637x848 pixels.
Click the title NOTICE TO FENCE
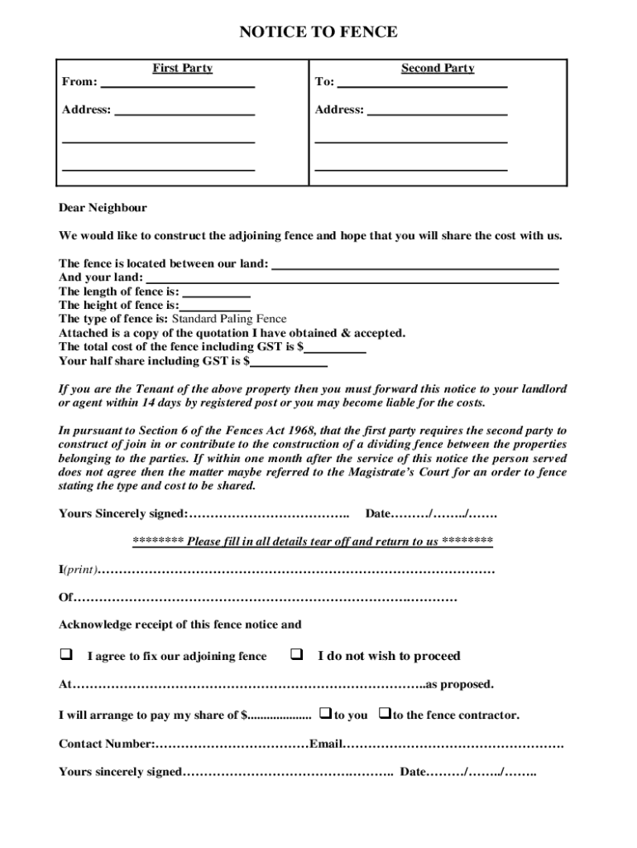click(318, 32)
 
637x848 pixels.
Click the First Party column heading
click(182, 68)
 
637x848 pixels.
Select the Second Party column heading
click(438, 68)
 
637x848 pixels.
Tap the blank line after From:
click(177, 84)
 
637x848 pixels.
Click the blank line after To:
click(422, 84)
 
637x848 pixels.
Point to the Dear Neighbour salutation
click(103, 208)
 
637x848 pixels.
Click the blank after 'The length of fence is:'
click(216, 292)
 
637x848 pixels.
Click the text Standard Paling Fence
click(229, 319)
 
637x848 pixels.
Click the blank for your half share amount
click(289, 362)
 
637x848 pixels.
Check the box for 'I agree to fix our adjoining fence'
click(65, 655)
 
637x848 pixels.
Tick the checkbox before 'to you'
click(325, 713)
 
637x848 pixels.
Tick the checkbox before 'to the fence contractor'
click(384, 713)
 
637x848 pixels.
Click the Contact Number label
click(106, 744)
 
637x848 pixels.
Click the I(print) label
click(78, 571)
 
